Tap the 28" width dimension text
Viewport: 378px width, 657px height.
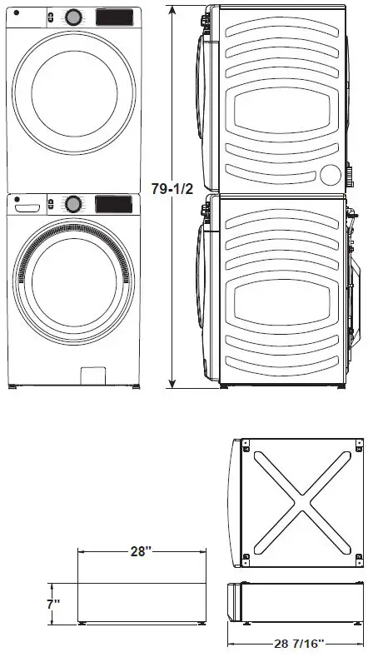click(x=139, y=552)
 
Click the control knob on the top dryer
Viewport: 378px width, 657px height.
click(x=73, y=17)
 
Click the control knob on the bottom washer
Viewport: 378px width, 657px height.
click(x=73, y=203)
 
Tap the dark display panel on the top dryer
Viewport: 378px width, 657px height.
click(x=114, y=17)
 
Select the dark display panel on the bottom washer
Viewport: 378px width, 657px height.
click(x=114, y=203)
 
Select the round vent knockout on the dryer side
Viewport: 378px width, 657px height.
click(x=331, y=174)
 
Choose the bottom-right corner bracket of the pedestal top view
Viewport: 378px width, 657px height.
click(x=358, y=557)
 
